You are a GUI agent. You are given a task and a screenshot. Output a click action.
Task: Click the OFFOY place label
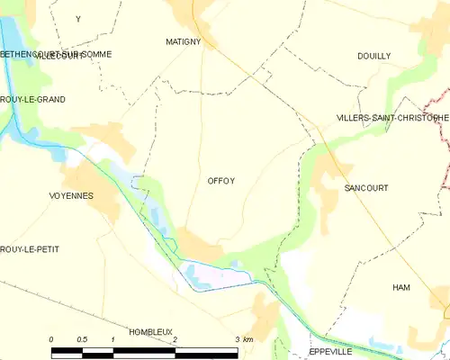[221, 181]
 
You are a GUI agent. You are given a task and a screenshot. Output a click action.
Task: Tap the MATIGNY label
[183, 42]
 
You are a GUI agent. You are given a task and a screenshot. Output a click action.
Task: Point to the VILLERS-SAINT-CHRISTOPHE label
[392, 118]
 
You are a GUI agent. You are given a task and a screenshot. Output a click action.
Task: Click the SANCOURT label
[365, 188]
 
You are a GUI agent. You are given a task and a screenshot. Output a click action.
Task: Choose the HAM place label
[400, 287]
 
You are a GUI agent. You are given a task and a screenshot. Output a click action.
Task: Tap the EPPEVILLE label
[332, 351]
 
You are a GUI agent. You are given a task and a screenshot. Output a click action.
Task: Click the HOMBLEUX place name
[150, 331]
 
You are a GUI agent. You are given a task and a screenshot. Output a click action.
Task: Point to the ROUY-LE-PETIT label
[30, 248]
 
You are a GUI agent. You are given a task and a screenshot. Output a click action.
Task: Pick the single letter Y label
[77, 19]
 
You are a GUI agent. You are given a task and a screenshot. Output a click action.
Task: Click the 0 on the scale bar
[51, 339]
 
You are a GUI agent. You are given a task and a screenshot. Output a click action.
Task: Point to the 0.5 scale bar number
[82, 339]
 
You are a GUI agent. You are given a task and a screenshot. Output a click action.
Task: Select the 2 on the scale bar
[175, 339]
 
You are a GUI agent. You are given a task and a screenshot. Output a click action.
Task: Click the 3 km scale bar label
[243, 339]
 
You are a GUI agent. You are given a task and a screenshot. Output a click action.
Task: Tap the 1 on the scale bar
[112, 339]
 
